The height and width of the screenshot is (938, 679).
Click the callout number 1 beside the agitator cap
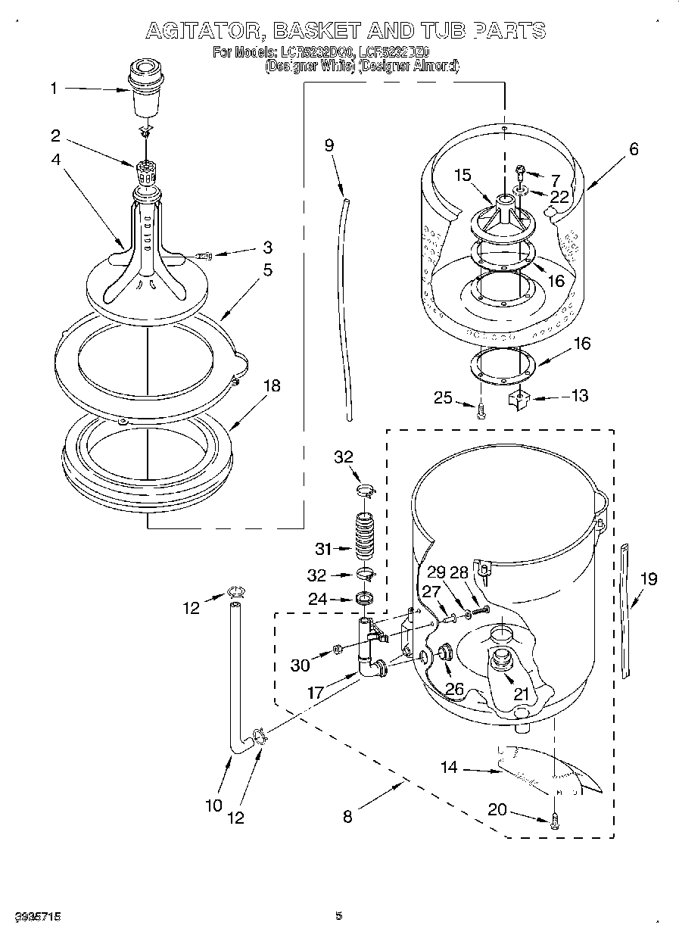tap(54, 89)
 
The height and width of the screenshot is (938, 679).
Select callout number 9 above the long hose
tap(329, 146)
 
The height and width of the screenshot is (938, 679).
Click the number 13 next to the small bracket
tap(579, 396)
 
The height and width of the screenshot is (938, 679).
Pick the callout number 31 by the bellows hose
tap(323, 547)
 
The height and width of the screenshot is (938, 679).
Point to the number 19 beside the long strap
tap(647, 579)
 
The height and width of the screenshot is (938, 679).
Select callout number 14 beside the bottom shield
tap(450, 768)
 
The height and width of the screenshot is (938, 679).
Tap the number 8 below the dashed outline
tap(347, 816)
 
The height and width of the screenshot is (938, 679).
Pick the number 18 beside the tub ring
tap(270, 386)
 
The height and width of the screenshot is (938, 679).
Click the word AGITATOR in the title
tap(202, 31)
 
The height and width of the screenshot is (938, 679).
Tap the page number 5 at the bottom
tap(339, 916)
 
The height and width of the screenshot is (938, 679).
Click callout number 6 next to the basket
tap(634, 149)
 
